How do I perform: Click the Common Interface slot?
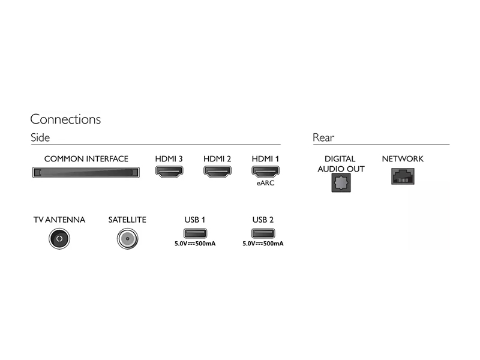tap(86, 172)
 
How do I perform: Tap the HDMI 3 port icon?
tap(169, 172)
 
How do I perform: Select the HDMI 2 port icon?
tap(217, 172)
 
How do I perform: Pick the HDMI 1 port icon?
tap(265, 172)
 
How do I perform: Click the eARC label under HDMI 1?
tap(265, 183)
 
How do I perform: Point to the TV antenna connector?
tap(59, 238)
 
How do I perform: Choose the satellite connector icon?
tap(127, 238)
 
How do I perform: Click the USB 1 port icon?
tap(195, 233)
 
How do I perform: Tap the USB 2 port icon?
tap(263, 233)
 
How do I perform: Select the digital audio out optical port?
tap(341, 183)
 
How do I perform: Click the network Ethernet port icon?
tap(403, 176)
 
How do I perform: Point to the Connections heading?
tap(65, 119)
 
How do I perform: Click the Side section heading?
tap(40, 137)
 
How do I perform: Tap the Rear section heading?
tap(323, 137)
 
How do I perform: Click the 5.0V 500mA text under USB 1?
tap(195, 244)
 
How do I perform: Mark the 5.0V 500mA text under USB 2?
tap(263, 244)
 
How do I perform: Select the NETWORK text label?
tap(403, 159)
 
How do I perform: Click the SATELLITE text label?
tap(127, 220)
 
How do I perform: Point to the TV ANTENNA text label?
tap(59, 220)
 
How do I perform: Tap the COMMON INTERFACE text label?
tap(86, 159)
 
